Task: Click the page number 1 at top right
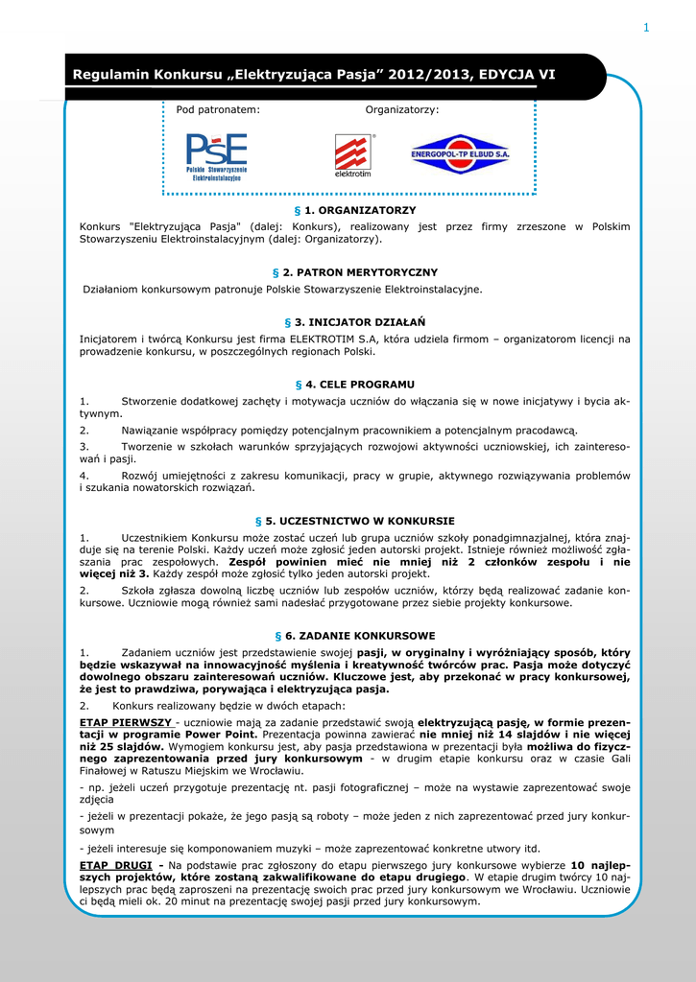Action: coord(646,27)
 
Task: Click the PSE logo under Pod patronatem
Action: coord(216,156)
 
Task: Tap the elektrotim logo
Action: coord(352,155)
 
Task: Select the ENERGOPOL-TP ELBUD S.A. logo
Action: coord(460,153)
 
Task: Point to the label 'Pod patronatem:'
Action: coord(218,110)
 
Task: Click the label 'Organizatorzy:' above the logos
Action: coord(402,110)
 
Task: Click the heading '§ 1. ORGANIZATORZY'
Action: coord(354,209)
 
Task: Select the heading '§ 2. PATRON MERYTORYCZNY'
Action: coord(354,272)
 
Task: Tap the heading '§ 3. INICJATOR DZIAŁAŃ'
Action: coord(354,322)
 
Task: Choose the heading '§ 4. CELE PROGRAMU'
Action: coord(354,384)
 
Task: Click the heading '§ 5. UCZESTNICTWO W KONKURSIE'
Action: coord(354,521)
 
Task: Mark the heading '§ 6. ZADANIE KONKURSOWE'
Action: coord(354,636)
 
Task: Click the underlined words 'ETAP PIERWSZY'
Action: coord(125,721)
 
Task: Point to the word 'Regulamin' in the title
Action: coord(118,75)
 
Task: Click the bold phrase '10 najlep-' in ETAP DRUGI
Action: coord(600,864)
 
